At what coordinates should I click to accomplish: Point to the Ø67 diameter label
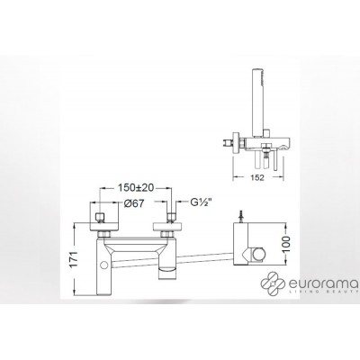coord(135,203)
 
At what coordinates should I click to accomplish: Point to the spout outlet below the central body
coord(167,271)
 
